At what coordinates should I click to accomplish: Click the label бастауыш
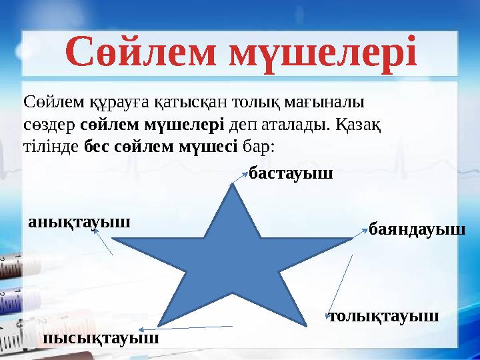[290, 175]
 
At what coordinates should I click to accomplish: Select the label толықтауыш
[385, 315]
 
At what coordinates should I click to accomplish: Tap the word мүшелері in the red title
[323, 53]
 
